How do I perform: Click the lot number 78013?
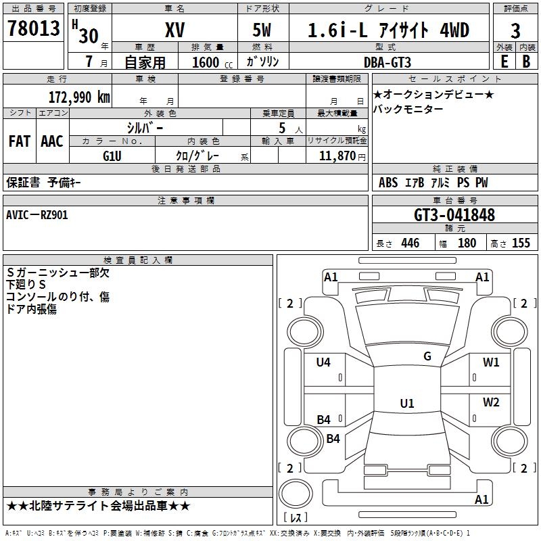pos(33,28)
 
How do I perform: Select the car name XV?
pos(175,30)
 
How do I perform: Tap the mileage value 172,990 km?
pos(79,97)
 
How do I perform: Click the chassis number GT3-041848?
pos(454,215)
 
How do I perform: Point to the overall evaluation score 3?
pos(515,31)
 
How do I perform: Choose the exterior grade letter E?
pos(504,62)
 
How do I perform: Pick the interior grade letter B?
pos(526,62)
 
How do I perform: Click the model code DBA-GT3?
pos(387,62)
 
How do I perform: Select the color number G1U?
pos(112,156)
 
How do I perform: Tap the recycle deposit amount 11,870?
pos(337,156)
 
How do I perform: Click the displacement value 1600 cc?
pos(212,62)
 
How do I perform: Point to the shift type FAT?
pos(20,141)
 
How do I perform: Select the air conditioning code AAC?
pos(52,141)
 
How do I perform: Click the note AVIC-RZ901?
pos(37,215)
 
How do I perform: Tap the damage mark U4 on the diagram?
pos(323,362)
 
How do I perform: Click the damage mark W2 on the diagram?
pos(491,402)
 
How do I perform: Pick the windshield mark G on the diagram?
pos(427,356)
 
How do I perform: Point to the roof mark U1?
pos(407,403)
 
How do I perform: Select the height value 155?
pos(521,243)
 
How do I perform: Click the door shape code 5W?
pos(262,30)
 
